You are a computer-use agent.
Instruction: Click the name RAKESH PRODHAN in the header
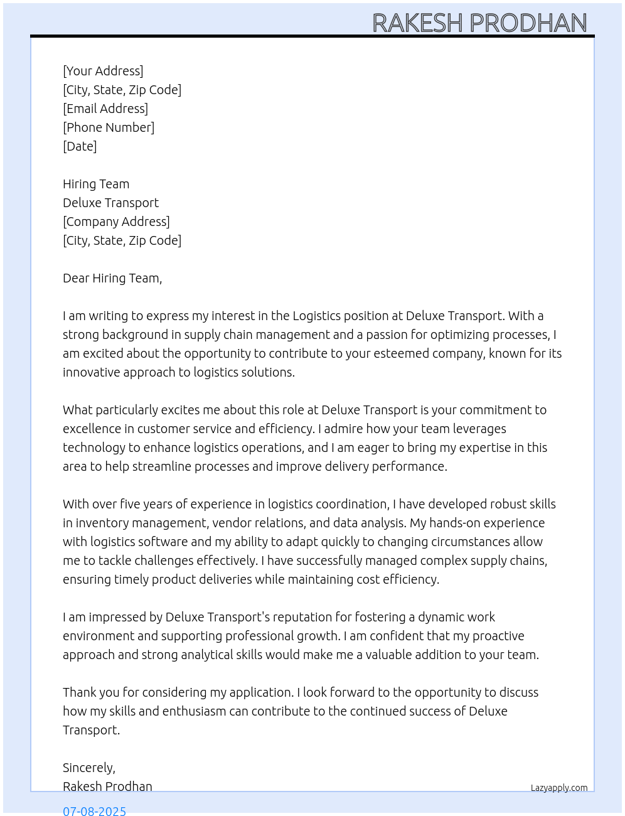pyautogui.click(x=479, y=23)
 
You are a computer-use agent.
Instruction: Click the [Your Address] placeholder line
pyautogui.click(x=103, y=71)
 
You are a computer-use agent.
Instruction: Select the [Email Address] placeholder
pyautogui.click(x=105, y=109)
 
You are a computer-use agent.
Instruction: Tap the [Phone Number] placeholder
pyautogui.click(x=109, y=127)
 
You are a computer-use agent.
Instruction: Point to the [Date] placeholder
pyautogui.click(x=80, y=146)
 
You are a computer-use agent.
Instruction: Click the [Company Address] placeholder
pyautogui.click(x=116, y=222)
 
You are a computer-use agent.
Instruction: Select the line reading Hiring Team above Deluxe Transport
pyautogui.click(x=96, y=184)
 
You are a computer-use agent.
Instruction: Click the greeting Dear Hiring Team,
pyautogui.click(x=112, y=278)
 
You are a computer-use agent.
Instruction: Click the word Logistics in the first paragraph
pyautogui.click(x=316, y=316)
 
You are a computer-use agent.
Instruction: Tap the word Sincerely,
pyautogui.click(x=89, y=768)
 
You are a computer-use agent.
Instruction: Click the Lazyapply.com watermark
pyautogui.click(x=559, y=788)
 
